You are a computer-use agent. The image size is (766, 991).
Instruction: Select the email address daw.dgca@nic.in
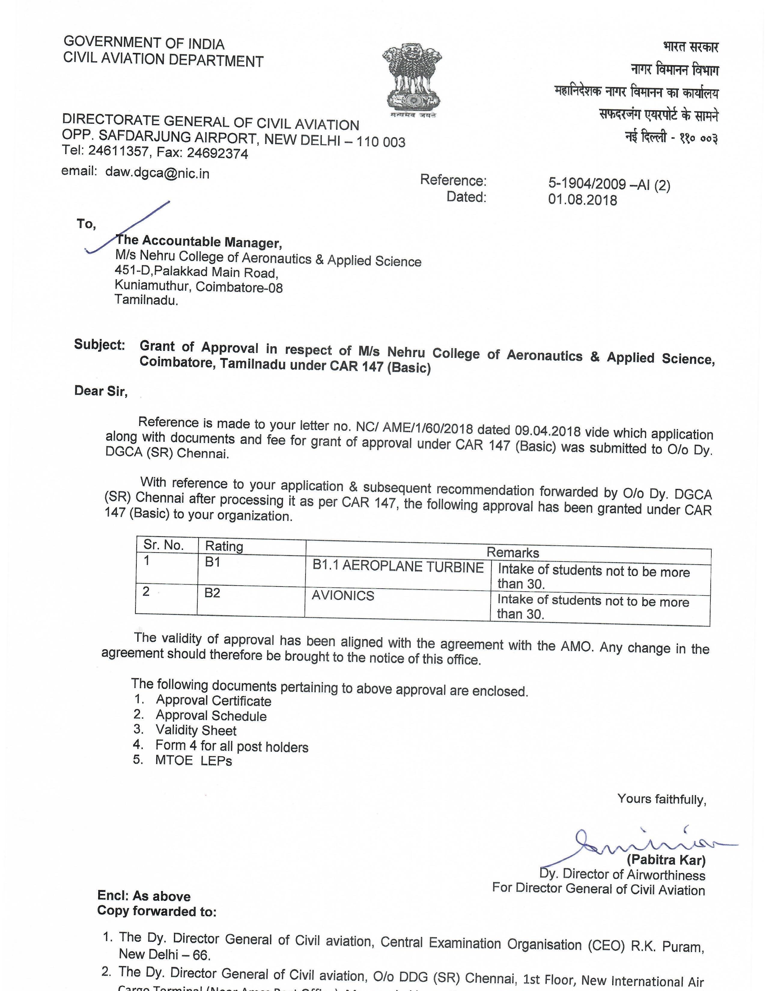pos(157,173)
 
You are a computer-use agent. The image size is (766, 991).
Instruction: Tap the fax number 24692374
pos(217,154)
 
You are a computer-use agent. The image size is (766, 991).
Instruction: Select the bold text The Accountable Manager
pos(199,241)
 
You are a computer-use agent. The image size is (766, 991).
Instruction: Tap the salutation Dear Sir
pos(101,391)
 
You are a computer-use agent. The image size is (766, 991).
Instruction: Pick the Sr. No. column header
pos(164,545)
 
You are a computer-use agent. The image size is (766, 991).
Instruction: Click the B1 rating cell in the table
pos(212,562)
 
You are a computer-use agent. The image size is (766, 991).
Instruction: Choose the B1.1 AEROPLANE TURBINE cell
pos(398,567)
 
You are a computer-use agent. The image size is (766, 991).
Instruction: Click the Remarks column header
pos(513,552)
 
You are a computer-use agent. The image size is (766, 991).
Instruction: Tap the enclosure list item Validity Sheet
pos(196,730)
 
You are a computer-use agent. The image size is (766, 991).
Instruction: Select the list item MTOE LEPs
pos(193,760)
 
